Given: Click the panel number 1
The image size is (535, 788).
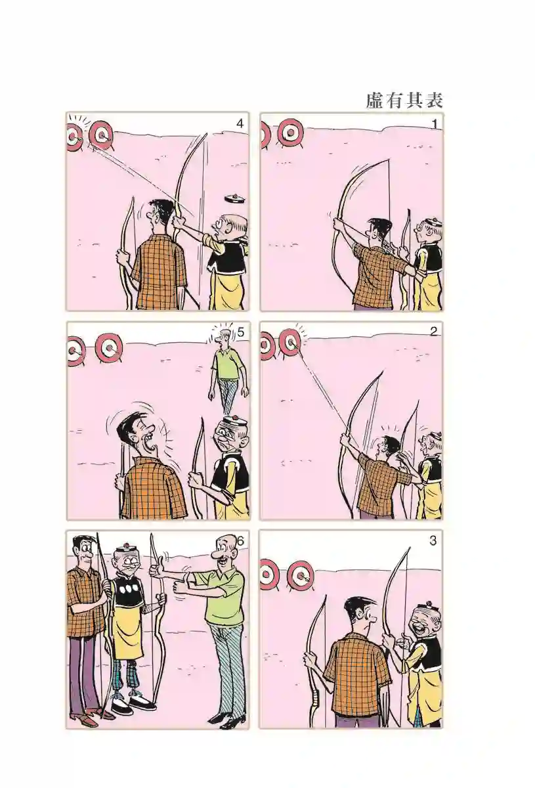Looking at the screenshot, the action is (x=435, y=124).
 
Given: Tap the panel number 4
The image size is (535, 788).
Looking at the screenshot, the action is (x=240, y=124).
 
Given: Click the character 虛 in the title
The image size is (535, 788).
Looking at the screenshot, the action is (x=375, y=100).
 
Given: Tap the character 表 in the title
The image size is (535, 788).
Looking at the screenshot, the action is (x=434, y=100).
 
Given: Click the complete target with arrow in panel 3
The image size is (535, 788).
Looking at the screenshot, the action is (x=300, y=575).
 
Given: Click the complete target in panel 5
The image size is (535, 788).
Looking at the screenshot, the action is (x=110, y=348).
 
